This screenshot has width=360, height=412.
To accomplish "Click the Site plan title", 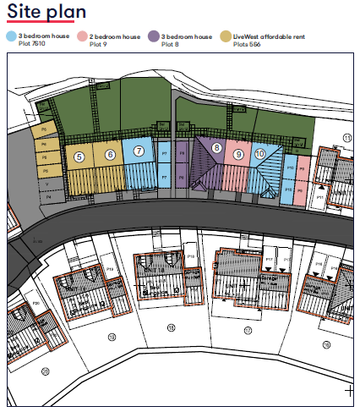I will click(41, 12).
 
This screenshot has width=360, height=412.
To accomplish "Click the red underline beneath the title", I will click(39, 25).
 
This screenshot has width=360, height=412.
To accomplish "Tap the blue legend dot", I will click(10, 37).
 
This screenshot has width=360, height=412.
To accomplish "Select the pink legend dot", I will click(81, 37).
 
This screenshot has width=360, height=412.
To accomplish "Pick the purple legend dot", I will click(153, 37).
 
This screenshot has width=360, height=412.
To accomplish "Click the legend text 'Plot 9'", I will click(99, 43).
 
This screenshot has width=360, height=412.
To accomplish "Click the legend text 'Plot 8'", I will click(171, 43).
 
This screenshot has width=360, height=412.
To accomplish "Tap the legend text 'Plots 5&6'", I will click(247, 43).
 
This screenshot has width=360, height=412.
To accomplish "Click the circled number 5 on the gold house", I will click(79, 157).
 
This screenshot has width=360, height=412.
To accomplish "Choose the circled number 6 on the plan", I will click(109, 154).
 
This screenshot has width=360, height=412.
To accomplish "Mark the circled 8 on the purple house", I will click(217, 149).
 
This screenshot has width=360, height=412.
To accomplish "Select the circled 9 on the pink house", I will click(239, 154).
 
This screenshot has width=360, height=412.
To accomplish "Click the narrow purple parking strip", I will click(180, 165).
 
